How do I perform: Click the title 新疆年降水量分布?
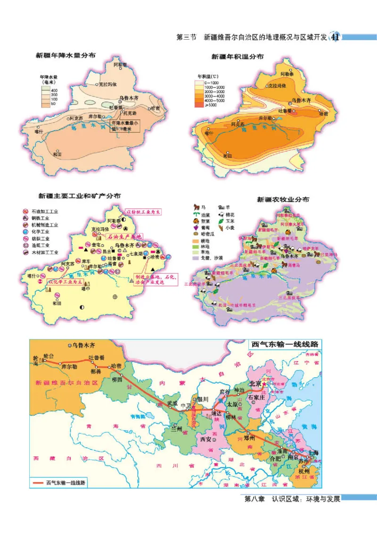point(66,55)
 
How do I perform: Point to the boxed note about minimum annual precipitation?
point(125,125)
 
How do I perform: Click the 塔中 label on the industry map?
point(85,289)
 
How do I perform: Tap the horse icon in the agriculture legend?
point(195,207)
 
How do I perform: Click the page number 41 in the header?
point(336,37)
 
